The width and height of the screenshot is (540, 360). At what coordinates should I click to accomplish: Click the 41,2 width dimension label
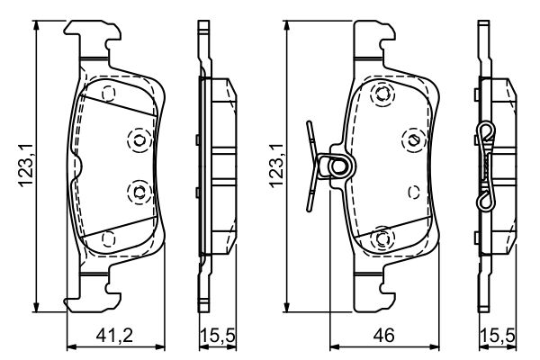point(115,337)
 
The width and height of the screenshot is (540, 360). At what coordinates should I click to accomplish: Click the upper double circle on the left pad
point(139,138)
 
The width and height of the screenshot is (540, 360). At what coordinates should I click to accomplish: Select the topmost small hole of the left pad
point(109,94)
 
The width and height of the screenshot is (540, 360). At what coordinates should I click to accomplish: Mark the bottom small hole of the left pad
point(109,238)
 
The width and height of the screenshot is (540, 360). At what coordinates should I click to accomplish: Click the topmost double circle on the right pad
point(386,94)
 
